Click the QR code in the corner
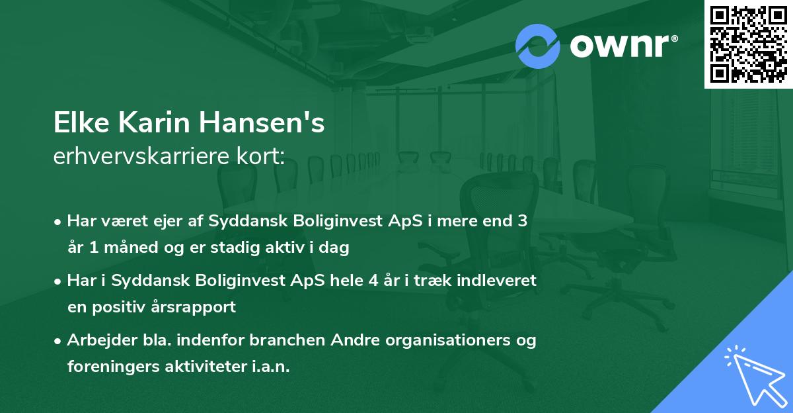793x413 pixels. pos(748,44)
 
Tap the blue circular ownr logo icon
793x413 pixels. pos(537,46)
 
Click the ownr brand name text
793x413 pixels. pos(623,46)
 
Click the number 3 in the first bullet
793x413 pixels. pos(522,221)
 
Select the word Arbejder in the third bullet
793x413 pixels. pos(97,340)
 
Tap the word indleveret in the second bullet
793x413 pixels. pos(500,281)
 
